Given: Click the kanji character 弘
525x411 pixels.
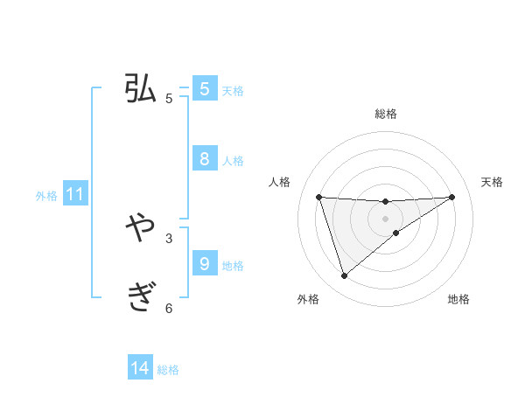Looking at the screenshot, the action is point(141,89).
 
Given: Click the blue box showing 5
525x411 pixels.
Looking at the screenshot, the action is point(205,89).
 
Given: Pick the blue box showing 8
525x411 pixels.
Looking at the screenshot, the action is point(205,158).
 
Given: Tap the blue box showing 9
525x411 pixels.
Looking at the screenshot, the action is point(205,263).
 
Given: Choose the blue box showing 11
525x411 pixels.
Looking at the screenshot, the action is point(74,194).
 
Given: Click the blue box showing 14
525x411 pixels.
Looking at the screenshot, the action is point(140,368).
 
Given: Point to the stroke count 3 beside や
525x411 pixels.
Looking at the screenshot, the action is point(169,238).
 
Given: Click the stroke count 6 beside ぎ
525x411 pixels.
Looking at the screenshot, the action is point(169,308).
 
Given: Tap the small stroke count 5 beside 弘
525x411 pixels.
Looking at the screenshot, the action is point(169,99).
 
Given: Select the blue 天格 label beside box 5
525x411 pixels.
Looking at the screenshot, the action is point(233,91).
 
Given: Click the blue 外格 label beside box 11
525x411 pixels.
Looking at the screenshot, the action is point(46,196).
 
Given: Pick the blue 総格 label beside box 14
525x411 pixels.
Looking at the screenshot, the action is point(168,370).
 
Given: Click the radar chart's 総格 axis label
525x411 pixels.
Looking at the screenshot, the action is point(385,115).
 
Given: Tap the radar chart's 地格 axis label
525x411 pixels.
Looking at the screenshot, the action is point(458,300).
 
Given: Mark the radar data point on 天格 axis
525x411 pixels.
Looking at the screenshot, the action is point(452,197).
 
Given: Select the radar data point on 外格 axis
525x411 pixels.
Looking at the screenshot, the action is point(344,276).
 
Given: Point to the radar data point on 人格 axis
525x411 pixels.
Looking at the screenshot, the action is point(318,197).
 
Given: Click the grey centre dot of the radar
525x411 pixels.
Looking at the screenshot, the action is point(385,219).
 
